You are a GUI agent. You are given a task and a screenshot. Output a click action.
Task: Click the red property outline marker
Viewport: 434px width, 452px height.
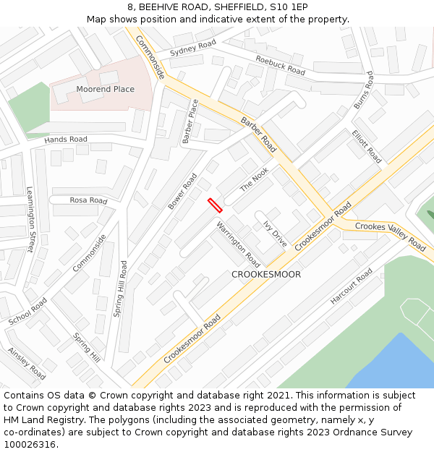click(x=215, y=205)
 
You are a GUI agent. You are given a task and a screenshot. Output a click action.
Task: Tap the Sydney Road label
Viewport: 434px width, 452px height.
click(x=192, y=48)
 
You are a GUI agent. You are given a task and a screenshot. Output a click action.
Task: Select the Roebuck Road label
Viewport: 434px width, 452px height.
click(x=280, y=65)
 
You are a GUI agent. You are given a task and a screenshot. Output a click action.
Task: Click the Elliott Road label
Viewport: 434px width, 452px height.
click(x=366, y=145)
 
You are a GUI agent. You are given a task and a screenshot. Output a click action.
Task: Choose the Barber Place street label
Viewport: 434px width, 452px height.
click(x=190, y=121)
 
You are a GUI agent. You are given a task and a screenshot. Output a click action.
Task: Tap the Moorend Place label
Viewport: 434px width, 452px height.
click(x=105, y=89)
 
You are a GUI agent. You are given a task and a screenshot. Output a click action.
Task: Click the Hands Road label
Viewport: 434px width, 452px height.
click(x=66, y=139)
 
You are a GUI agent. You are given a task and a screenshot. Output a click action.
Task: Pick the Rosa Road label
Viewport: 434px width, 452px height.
click(x=88, y=200)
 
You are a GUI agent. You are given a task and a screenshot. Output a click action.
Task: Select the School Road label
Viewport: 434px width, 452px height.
click(x=28, y=311)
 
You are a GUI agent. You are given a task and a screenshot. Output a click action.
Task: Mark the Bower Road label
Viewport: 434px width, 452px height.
click(x=182, y=192)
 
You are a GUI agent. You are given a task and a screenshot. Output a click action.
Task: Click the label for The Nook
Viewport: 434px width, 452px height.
click(x=254, y=179)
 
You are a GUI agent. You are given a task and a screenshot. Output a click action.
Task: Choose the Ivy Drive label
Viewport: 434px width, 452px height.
click(x=275, y=234)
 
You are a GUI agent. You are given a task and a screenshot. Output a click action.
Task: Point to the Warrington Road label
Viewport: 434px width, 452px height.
click(x=238, y=244)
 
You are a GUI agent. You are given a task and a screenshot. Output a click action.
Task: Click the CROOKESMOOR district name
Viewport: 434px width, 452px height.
click(x=266, y=275)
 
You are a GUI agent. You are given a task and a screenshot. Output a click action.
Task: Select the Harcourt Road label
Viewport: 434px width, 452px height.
click(x=352, y=286)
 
